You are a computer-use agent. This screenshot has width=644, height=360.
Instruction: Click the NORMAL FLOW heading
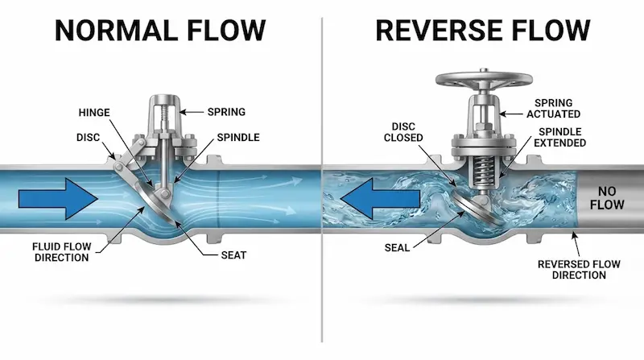(x=160, y=31)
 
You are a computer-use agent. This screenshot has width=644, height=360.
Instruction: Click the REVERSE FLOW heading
(x=482, y=31)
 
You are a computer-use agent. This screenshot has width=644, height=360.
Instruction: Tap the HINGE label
(x=94, y=113)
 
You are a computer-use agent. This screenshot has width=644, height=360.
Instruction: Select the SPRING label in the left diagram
(x=226, y=112)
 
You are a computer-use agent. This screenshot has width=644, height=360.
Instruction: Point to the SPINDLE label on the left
(x=238, y=137)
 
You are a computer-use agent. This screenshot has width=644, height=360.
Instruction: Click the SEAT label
(x=233, y=255)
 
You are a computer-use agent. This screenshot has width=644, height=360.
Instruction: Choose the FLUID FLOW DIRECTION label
(x=62, y=252)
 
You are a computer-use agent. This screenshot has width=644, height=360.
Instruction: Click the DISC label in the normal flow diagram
(x=88, y=137)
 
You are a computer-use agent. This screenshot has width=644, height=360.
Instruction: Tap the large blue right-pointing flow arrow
(x=58, y=199)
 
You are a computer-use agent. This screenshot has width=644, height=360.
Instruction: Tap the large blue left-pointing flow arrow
(x=380, y=199)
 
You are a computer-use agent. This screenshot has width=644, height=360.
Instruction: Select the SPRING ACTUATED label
(x=554, y=109)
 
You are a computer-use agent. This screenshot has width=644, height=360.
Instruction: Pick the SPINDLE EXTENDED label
(x=559, y=137)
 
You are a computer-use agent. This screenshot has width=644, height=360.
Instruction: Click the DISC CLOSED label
(x=403, y=132)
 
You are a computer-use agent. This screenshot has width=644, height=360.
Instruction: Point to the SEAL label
(x=397, y=248)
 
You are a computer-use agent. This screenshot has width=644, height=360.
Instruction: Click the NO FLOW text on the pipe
(x=607, y=197)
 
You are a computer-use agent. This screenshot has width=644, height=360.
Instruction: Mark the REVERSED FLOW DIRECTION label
(x=579, y=270)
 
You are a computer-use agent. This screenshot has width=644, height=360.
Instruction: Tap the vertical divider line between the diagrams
(x=322, y=180)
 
